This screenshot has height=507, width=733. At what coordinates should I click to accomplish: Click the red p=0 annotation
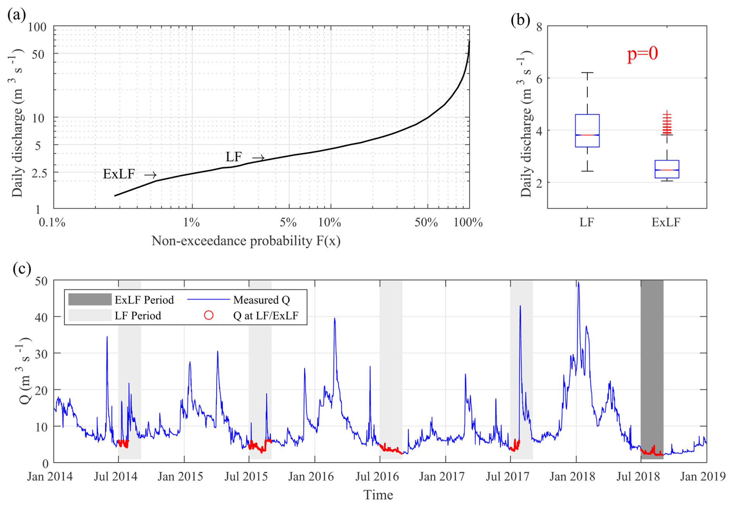[642, 53]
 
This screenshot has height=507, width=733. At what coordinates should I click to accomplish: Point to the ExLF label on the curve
[119, 174]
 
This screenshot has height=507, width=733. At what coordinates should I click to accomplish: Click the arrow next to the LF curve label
[258, 158]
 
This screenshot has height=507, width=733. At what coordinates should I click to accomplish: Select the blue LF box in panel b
[587, 131]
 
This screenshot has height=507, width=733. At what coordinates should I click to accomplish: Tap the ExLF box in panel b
[667, 169]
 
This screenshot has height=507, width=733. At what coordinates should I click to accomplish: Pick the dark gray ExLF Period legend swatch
[89, 299]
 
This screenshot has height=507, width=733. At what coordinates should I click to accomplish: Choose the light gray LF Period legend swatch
[89, 315]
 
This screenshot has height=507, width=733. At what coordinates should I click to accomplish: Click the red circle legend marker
[209, 315]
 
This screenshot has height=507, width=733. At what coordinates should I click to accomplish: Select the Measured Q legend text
[262, 300]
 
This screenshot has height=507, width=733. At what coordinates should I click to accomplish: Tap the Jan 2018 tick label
[572, 476]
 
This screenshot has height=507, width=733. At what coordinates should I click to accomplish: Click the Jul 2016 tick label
[377, 476]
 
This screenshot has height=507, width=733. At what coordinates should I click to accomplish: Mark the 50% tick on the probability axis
[426, 222]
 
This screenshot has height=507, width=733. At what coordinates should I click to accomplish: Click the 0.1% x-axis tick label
[52, 222]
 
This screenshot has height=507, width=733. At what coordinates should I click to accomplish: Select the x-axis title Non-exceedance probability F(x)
[246, 241]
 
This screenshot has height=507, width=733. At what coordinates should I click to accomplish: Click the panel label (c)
[22, 268]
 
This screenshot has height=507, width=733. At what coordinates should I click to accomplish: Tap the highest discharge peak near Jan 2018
[578, 283]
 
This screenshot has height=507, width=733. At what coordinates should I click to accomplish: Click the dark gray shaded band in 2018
[652, 368]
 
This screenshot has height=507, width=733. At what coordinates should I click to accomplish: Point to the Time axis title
[378, 495]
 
